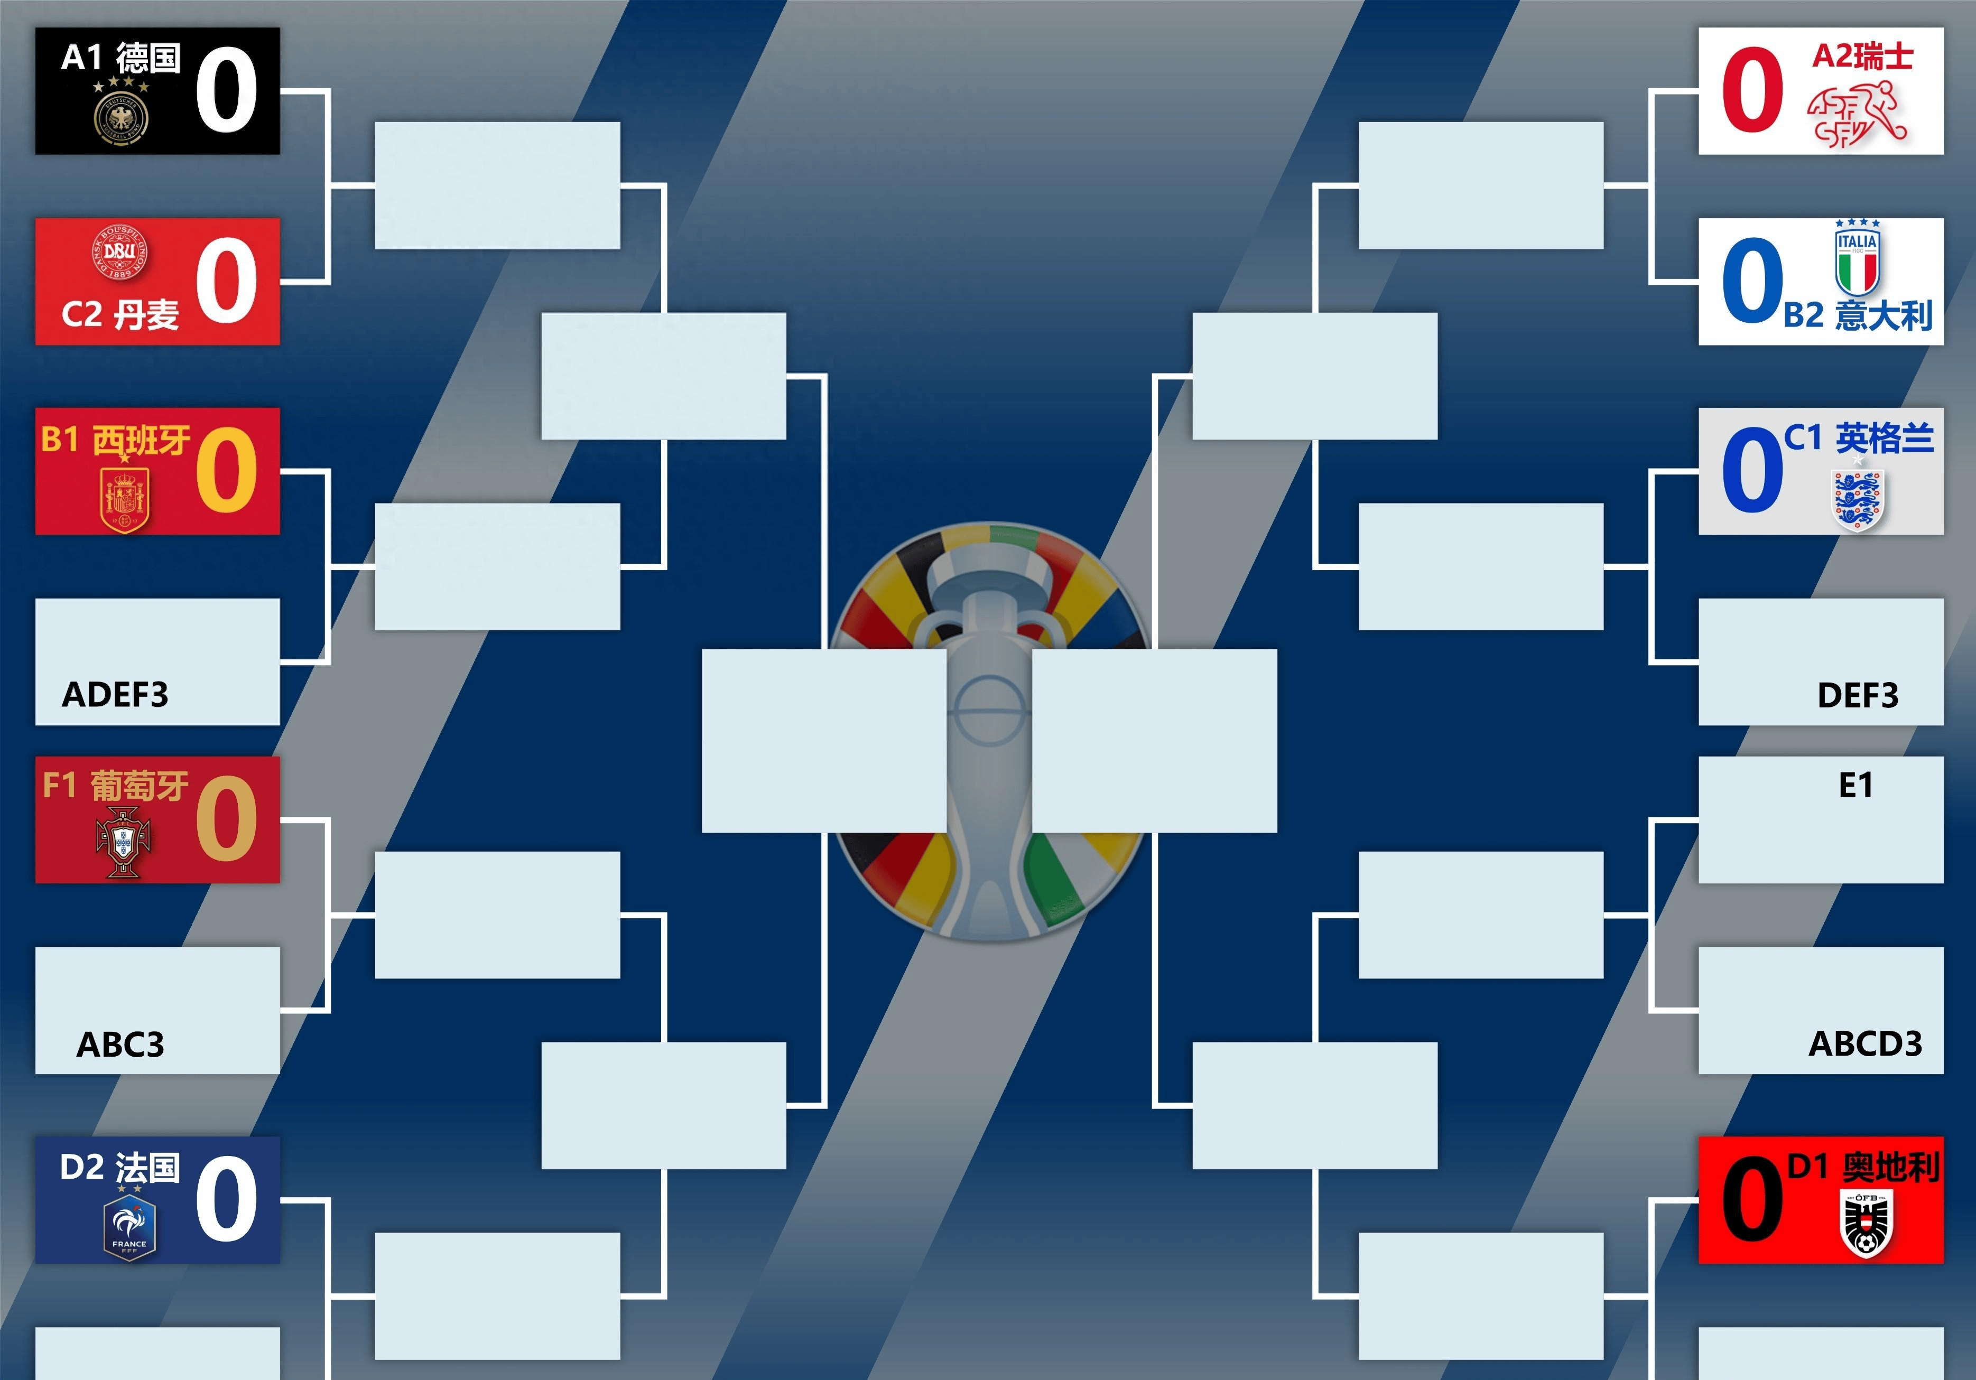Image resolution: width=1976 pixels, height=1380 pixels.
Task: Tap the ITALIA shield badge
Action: [1857, 258]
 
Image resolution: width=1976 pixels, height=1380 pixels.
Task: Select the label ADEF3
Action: [115, 694]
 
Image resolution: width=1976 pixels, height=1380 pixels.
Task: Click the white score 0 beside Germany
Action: [226, 90]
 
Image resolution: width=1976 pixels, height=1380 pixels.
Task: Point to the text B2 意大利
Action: [1857, 315]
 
